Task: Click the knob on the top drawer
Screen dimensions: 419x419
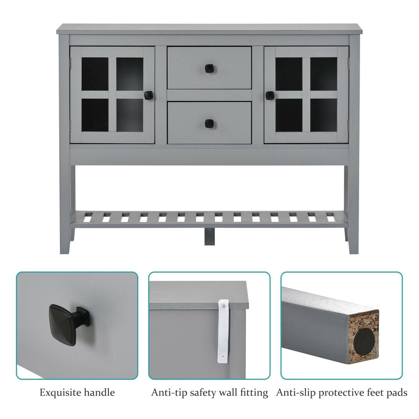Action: pos(209,69)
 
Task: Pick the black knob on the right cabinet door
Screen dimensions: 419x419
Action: pos(270,95)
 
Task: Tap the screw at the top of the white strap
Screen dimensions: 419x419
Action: pos(223,305)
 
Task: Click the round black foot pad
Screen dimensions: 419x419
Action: pos(364,341)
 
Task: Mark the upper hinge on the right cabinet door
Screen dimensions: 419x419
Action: pos(348,62)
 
